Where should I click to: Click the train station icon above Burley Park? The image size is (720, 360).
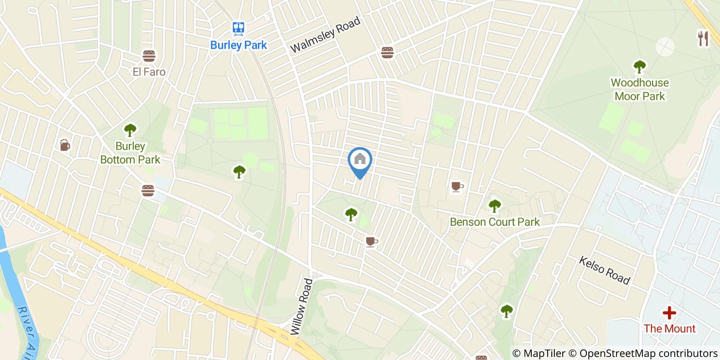click(238, 29)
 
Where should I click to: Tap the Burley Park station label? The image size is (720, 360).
click(239, 45)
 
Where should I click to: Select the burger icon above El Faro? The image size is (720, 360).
click(149, 56)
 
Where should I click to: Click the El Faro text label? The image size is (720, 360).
click(149, 72)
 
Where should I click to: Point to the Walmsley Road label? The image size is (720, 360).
click(325, 34)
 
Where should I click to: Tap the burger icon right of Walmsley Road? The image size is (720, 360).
click(387, 52)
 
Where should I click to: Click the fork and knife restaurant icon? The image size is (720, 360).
click(703, 38)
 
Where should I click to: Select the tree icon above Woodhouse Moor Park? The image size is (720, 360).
click(639, 66)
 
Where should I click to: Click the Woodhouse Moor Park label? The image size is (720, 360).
click(640, 89)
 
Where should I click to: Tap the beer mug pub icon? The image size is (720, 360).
click(64, 145)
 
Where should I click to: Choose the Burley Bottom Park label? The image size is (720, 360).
click(130, 153)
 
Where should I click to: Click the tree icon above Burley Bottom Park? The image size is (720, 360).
click(130, 130)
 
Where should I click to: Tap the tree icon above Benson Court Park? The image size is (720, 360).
click(494, 206)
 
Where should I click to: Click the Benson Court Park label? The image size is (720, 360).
click(495, 222)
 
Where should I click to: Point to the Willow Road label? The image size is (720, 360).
click(302, 307)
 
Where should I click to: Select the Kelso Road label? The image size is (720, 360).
click(604, 271)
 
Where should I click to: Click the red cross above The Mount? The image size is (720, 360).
click(669, 313)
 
